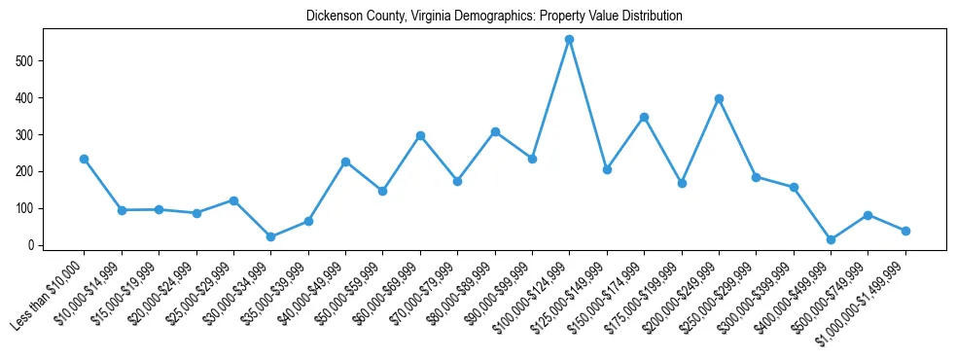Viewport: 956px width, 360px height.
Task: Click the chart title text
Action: point(494,17)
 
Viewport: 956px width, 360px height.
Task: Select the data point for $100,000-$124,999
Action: point(570,40)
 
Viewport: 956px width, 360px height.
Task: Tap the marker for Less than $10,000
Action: point(84,159)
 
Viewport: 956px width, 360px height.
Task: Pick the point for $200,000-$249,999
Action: point(719,98)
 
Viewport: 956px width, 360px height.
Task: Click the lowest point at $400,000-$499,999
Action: point(831,239)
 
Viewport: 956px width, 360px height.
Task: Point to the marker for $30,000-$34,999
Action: point(270,236)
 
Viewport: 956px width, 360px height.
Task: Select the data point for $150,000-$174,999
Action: point(644,117)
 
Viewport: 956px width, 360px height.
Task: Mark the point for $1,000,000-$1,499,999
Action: point(905,231)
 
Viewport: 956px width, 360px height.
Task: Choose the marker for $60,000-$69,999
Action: point(420,135)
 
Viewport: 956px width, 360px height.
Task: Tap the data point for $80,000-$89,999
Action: point(495,131)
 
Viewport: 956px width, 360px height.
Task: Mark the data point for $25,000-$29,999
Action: point(233,200)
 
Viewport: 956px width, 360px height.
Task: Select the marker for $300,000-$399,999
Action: point(794,187)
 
